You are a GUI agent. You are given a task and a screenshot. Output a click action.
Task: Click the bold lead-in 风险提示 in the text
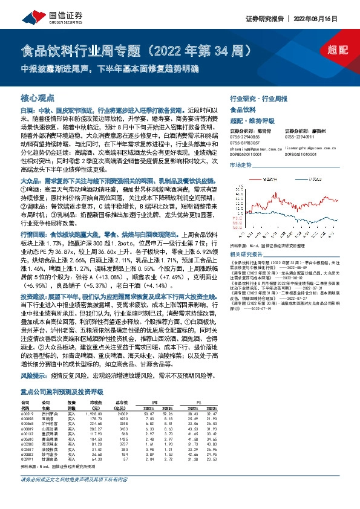pyautogui.click(x=34, y=375)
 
